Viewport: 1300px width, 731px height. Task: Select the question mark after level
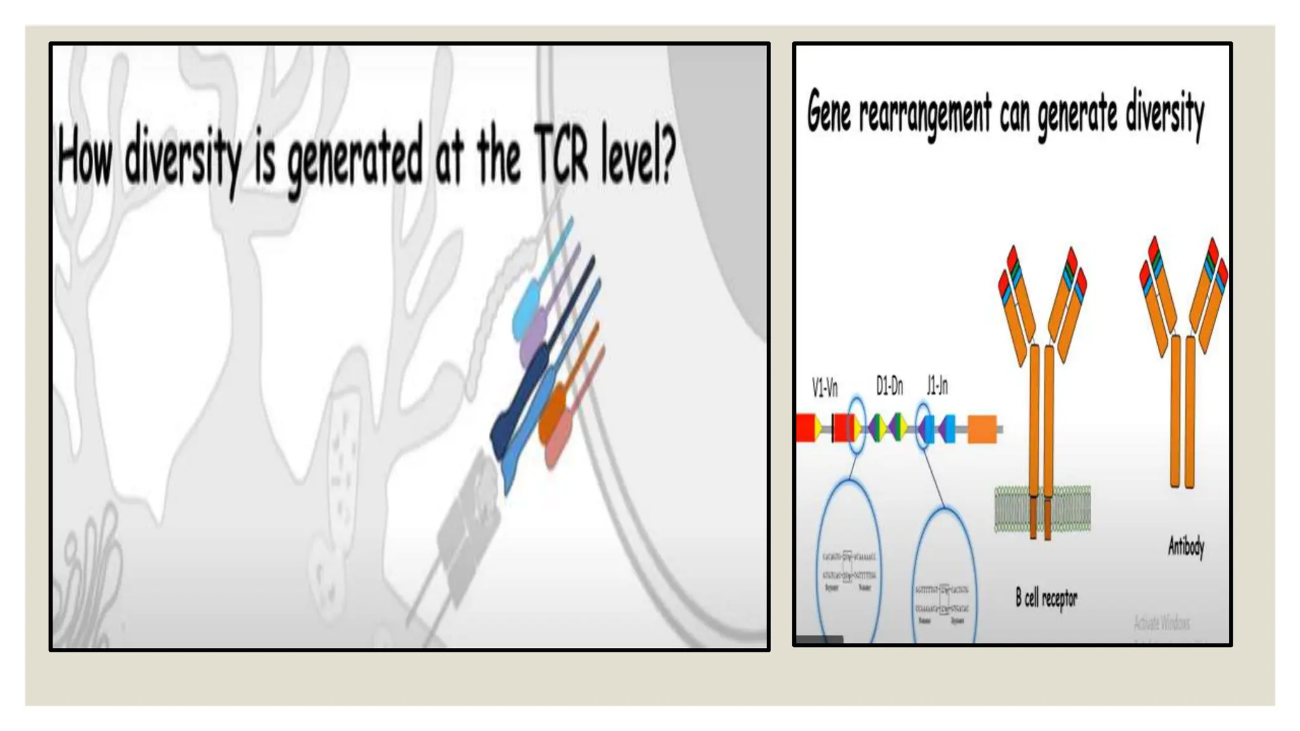point(664,154)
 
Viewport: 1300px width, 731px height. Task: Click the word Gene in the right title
point(828,112)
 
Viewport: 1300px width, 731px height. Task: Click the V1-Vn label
point(825,387)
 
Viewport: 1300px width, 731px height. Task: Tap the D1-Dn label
point(889,385)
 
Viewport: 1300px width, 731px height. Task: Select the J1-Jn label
point(937,385)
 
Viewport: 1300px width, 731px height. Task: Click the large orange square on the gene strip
point(982,429)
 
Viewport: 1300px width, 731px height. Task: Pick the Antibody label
point(1186,546)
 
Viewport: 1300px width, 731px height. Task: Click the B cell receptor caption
point(1046,598)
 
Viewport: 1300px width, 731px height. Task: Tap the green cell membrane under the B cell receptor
point(1013,508)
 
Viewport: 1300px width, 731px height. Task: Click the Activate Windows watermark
point(1162,623)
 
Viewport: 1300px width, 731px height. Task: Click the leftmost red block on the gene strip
point(806,428)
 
